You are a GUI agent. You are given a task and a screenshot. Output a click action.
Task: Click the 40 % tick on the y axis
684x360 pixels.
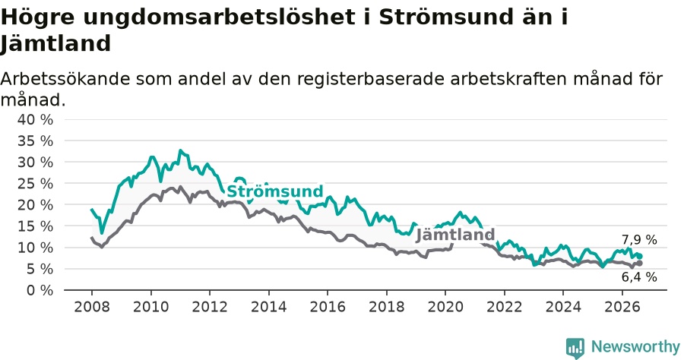(x=35, y=119)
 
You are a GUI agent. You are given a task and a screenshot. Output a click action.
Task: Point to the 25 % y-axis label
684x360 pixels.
(x=35, y=184)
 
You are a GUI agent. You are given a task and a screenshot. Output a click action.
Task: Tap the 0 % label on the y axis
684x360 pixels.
(x=40, y=290)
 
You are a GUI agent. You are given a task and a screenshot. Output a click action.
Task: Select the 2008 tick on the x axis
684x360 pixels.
(x=92, y=307)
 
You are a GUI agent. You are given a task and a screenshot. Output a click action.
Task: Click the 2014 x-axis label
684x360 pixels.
(x=269, y=307)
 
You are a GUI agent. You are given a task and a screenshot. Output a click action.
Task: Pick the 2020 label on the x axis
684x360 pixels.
(x=445, y=307)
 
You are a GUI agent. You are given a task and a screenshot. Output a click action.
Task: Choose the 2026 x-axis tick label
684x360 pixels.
(x=622, y=307)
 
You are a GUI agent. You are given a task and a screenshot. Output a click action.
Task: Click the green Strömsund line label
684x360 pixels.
(x=275, y=191)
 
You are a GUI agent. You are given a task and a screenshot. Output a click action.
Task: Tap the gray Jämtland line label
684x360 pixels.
(x=455, y=235)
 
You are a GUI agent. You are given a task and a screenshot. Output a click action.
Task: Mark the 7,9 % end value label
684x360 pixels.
(x=639, y=240)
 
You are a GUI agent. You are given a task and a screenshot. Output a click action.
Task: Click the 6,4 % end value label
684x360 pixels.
(x=639, y=277)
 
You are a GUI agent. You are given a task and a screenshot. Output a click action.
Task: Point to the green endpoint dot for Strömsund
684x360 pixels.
(x=639, y=257)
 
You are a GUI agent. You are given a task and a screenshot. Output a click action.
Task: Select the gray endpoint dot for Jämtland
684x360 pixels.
(x=639, y=264)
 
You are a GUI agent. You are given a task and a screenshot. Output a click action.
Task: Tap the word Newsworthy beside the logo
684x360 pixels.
(x=635, y=347)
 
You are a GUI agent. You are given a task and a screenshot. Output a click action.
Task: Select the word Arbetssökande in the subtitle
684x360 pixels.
(x=65, y=79)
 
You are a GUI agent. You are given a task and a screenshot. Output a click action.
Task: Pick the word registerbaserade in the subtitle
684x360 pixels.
(x=370, y=79)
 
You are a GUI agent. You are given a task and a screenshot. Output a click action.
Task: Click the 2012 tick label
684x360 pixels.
(x=210, y=307)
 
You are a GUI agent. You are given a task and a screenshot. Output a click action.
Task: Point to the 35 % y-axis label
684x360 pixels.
(x=35, y=141)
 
